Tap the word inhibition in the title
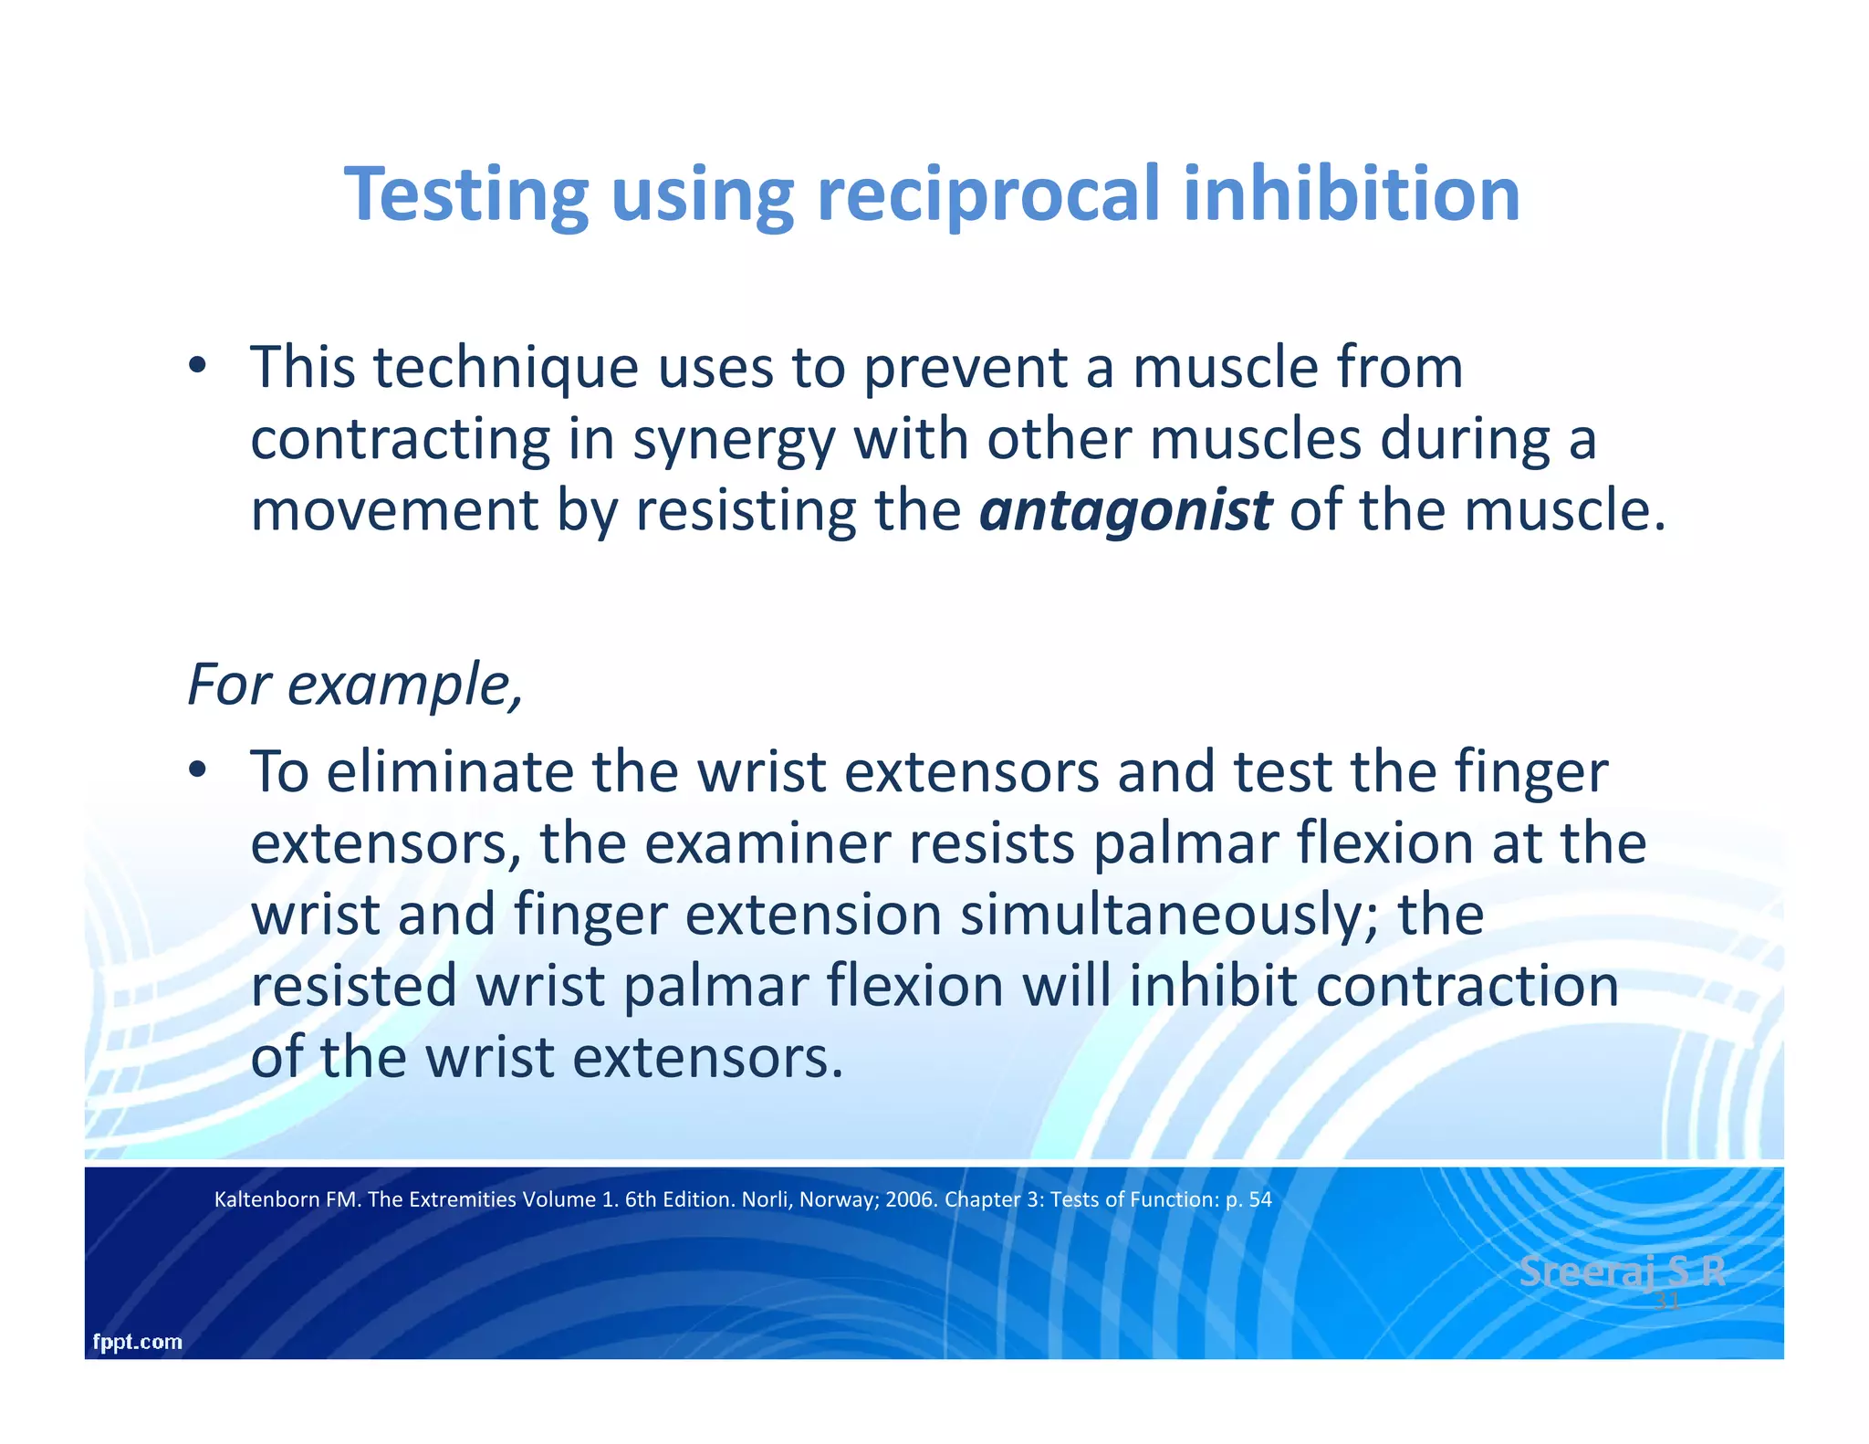(x=1351, y=194)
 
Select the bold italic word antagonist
(x=1124, y=511)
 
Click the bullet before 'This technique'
(x=197, y=368)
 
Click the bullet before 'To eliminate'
(x=197, y=772)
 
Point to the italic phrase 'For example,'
(x=355, y=685)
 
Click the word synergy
(x=733, y=440)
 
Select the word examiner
(x=767, y=844)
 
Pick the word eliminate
(x=449, y=772)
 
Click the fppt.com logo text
(x=137, y=1342)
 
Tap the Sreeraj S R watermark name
(x=1622, y=1271)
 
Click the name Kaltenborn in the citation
(x=266, y=1199)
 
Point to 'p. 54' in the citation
(x=1248, y=1199)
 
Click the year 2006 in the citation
(x=909, y=1199)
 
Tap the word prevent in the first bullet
(x=966, y=368)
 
